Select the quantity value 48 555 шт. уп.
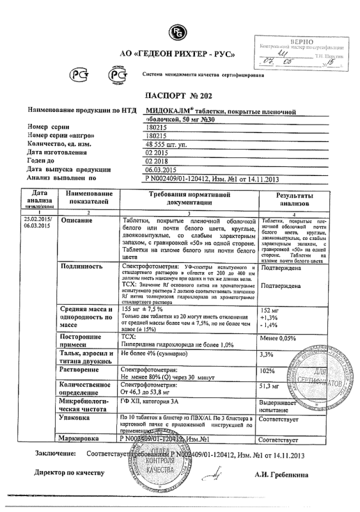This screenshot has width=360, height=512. tap(168, 145)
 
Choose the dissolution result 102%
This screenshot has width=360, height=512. tap(266, 371)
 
